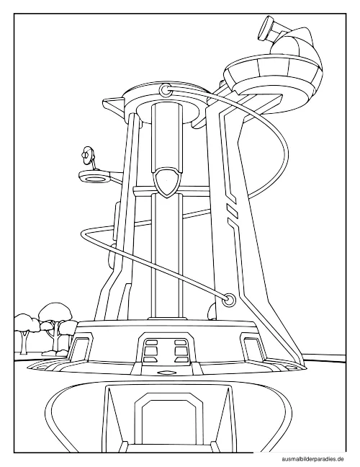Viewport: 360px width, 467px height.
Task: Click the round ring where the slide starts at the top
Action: pyautogui.click(x=165, y=89)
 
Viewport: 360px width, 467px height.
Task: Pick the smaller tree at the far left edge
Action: pyautogui.click(x=25, y=331)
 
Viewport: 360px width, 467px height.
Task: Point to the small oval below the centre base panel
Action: pyautogui.click(x=167, y=373)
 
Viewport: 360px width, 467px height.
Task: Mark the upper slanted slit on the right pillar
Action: pyautogui.click(x=233, y=210)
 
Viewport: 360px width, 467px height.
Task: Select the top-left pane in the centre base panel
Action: pyautogui.click(x=151, y=342)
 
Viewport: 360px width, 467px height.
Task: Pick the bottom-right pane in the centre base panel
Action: pyautogui.click(x=181, y=360)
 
